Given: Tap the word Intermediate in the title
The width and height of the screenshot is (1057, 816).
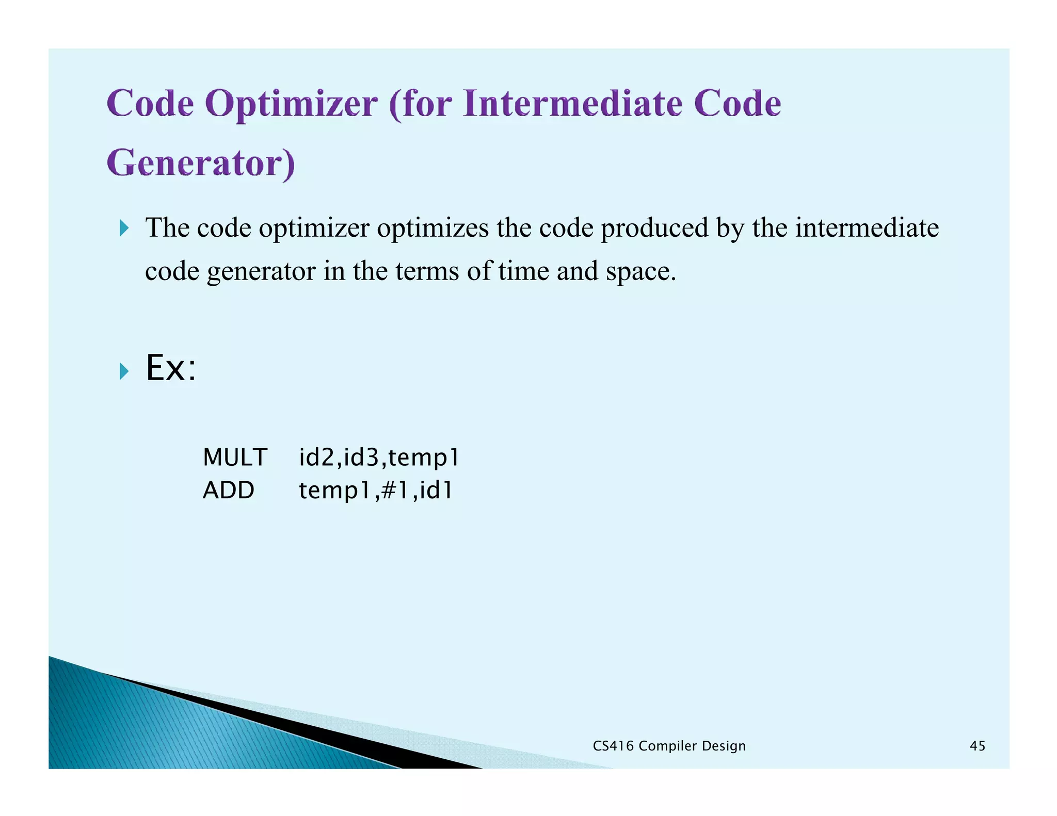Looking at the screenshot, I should pos(572,104).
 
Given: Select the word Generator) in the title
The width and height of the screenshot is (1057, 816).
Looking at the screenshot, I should pos(201,164).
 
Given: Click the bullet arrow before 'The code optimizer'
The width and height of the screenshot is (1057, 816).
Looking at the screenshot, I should pos(124,228).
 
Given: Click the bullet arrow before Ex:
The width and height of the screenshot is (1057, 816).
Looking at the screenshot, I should pos(124,371).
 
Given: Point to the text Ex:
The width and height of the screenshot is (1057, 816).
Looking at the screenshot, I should pos(171,368).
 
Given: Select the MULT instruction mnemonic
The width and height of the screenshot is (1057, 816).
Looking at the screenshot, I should pos(235,458).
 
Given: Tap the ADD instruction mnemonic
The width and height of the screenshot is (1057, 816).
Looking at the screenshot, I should pos(228,490).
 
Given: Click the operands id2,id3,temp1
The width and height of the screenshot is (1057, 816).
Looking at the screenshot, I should pos(379,458).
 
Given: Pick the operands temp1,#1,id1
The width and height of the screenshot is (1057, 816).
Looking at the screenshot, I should pos(376,490).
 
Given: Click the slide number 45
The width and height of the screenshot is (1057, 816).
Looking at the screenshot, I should pos(977,746).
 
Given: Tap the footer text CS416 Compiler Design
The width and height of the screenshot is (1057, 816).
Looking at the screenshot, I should pos(669,746).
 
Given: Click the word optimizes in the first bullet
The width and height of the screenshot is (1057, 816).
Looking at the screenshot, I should pos(433,228).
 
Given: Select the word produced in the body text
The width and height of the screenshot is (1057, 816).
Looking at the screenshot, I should pos(654,228).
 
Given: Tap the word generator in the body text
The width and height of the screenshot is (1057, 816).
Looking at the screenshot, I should pos(261,272).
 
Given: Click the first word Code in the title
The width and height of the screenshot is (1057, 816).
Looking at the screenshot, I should pos(150,104).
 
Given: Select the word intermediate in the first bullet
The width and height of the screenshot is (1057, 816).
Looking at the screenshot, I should pos(867,228).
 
